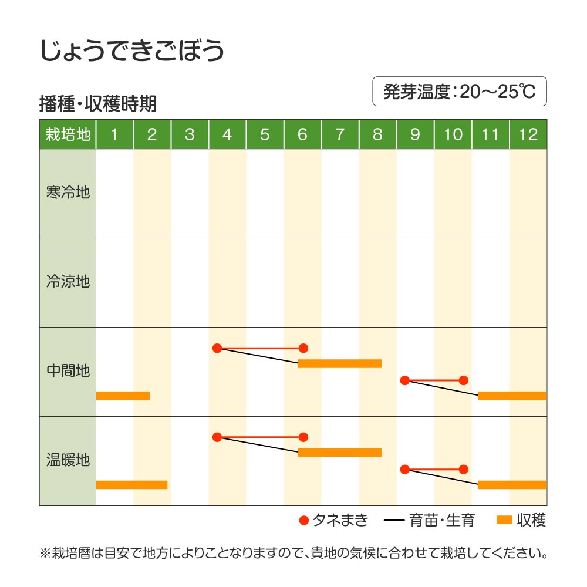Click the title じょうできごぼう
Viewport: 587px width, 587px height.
[132, 51]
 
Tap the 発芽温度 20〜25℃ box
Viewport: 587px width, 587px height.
[459, 92]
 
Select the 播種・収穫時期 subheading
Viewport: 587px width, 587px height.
[97, 104]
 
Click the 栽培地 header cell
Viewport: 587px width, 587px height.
[68, 134]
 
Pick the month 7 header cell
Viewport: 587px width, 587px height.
[340, 134]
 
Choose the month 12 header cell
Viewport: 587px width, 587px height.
[528, 134]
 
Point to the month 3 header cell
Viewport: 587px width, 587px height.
[190, 134]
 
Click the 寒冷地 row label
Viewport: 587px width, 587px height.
[68, 193]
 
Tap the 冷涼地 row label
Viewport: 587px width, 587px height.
[68, 282]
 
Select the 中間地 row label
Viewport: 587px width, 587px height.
[68, 371]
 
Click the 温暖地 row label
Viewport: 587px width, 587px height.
[68, 460]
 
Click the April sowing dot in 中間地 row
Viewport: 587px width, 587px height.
[217, 348]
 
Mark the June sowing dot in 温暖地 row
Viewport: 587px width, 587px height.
[303, 437]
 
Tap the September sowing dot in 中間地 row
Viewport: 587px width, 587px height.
[404, 380]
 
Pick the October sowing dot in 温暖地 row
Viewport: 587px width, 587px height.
[463, 469]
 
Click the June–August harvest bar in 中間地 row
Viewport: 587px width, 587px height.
[340, 363]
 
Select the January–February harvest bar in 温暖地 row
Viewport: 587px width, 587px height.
[131, 485]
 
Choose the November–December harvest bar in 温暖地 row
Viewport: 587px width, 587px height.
[512, 485]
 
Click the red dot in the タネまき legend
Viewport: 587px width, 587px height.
[303, 520]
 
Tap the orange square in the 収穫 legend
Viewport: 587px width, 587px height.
[504, 520]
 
